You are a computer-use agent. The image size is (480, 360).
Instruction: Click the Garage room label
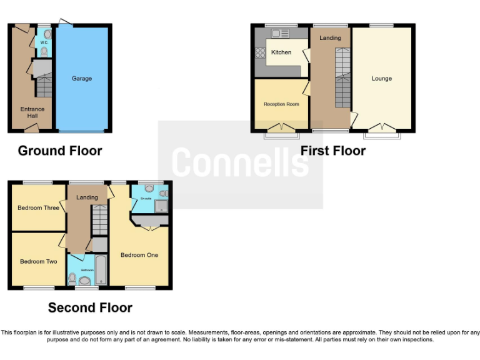pyautogui.click(x=81, y=79)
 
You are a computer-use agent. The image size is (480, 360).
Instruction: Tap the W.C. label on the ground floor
pyautogui.click(x=44, y=42)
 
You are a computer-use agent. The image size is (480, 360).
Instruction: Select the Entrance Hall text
pyautogui.click(x=32, y=112)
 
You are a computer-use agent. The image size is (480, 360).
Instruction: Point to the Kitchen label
pyautogui.click(x=281, y=52)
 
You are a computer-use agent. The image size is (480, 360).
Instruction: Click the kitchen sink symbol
pyautogui.click(x=279, y=34)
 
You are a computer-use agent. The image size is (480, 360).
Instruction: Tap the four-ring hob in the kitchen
pyautogui.click(x=261, y=52)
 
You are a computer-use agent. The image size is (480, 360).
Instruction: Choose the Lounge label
pyautogui.click(x=381, y=79)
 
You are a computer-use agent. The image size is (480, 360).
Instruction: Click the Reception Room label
pyautogui.click(x=281, y=104)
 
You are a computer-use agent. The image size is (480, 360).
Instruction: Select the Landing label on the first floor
pyautogui.click(x=330, y=38)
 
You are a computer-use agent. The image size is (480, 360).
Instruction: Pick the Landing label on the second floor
pyautogui.click(x=87, y=197)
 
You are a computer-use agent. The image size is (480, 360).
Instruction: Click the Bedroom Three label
pyautogui.click(x=38, y=207)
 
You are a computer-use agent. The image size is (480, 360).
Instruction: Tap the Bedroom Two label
pyautogui.click(x=38, y=261)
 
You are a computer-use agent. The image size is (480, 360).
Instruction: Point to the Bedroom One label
pyautogui.click(x=139, y=255)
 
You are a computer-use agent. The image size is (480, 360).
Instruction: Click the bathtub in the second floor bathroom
pyautogui.click(x=101, y=269)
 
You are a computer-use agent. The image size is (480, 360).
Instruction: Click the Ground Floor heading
pyautogui.click(x=60, y=151)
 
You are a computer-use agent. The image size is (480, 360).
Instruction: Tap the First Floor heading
pyautogui.click(x=332, y=151)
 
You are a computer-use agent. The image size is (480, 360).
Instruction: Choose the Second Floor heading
pyautogui.click(x=90, y=307)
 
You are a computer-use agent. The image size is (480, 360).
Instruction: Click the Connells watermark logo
pyautogui.click(x=240, y=162)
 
